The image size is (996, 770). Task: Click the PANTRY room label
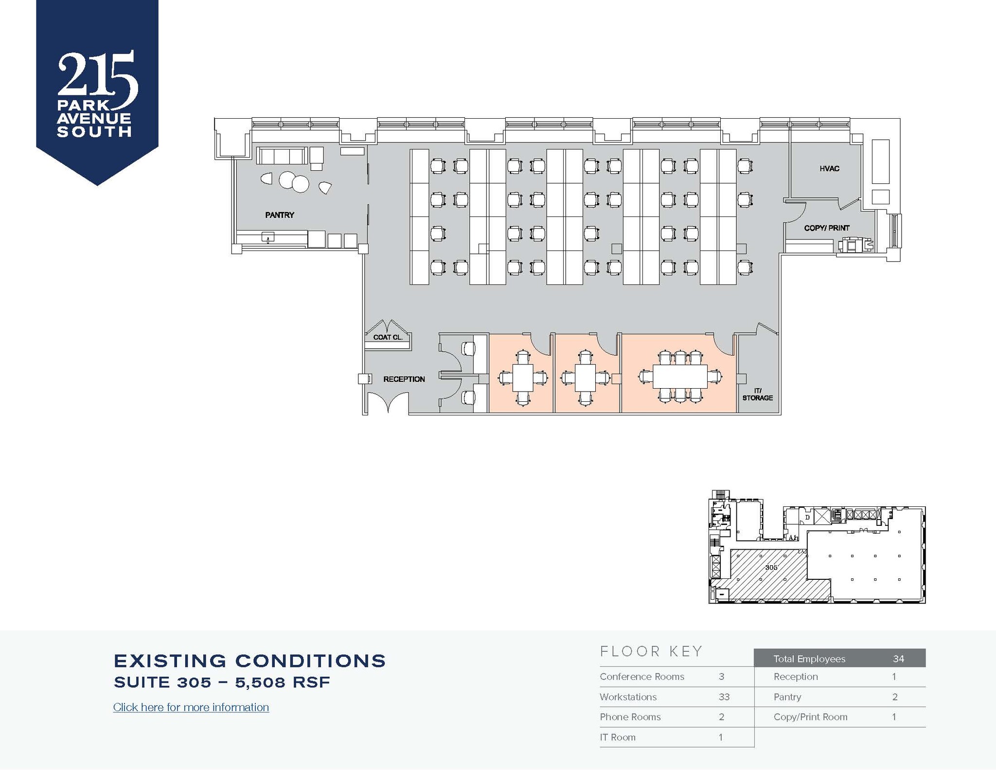click(x=280, y=215)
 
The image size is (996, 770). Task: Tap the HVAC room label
click(x=829, y=169)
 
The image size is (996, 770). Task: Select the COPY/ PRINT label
click(x=827, y=228)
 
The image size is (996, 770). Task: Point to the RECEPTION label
click(x=404, y=379)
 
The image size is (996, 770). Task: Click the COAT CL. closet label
click(x=388, y=337)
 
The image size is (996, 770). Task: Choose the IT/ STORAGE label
click(x=757, y=394)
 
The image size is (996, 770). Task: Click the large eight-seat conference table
click(x=679, y=376)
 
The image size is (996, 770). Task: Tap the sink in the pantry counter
click(x=267, y=237)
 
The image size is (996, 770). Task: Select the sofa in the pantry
click(x=282, y=156)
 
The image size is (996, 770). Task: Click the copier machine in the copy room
click(x=854, y=245)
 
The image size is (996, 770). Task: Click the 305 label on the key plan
click(x=771, y=567)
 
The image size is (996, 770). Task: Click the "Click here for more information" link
click(x=191, y=707)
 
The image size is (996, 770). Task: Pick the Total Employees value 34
click(x=898, y=659)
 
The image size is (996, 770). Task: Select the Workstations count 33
click(x=724, y=697)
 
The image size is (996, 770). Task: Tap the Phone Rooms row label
click(x=630, y=717)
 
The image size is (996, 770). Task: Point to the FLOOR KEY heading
click(x=651, y=651)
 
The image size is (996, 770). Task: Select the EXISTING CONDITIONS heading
click(x=249, y=661)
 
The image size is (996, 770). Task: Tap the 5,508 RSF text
click(x=283, y=682)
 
